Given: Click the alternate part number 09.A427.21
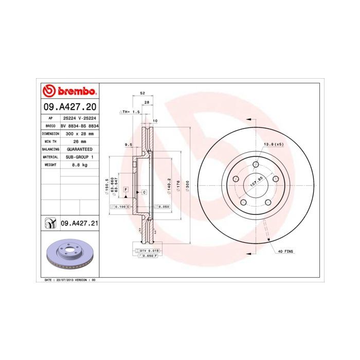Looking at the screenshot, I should pyautogui.click(x=80, y=223).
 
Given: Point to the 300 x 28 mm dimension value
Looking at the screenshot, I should pyautogui.click(x=79, y=133).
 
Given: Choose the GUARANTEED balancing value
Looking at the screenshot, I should pyautogui.click(x=79, y=149).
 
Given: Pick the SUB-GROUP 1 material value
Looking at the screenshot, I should pyautogui.click(x=79, y=156).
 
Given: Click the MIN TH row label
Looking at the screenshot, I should pyautogui.click(x=50, y=141).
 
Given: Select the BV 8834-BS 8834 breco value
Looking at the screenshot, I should pyautogui.click(x=79, y=125).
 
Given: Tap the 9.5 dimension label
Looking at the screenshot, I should pyautogui.click(x=129, y=145).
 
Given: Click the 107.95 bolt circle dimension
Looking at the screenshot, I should pyautogui.click(x=256, y=181).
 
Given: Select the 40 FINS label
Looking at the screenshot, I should pyautogui.click(x=285, y=251).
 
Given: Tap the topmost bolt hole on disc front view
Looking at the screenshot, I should pyautogui.click(x=256, y=165).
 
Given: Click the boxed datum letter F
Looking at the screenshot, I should pyautogui.click(x=125, y=190).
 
